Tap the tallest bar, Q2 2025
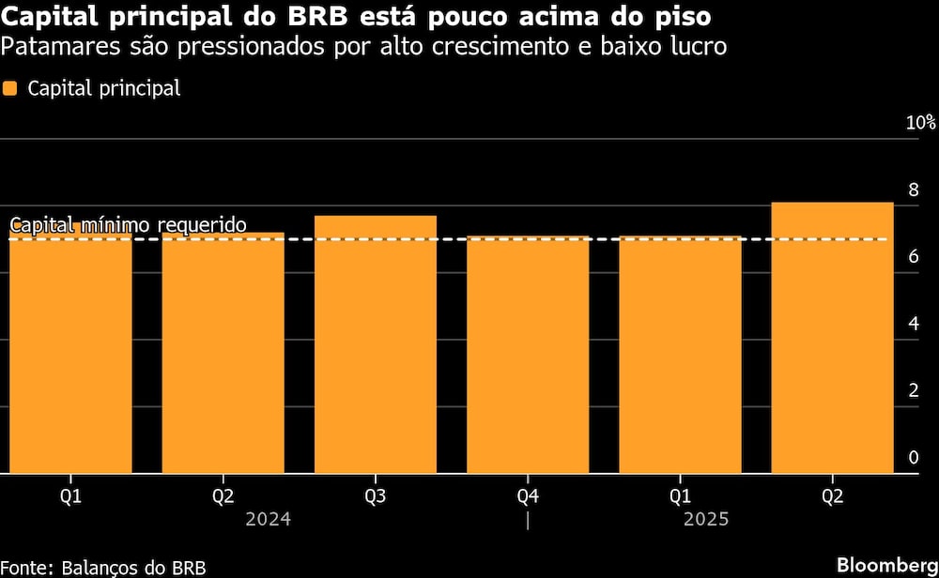coord(832,338)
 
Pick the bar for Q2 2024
coord(223,353)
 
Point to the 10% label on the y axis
coord(920,123)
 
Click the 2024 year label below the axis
coord(268,519)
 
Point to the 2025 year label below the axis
coord(705,519)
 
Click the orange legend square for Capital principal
coord(10,89)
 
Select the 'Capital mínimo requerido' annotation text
coord(128,225)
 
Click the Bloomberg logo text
coord(884,566)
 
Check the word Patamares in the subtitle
coord(53,45)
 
